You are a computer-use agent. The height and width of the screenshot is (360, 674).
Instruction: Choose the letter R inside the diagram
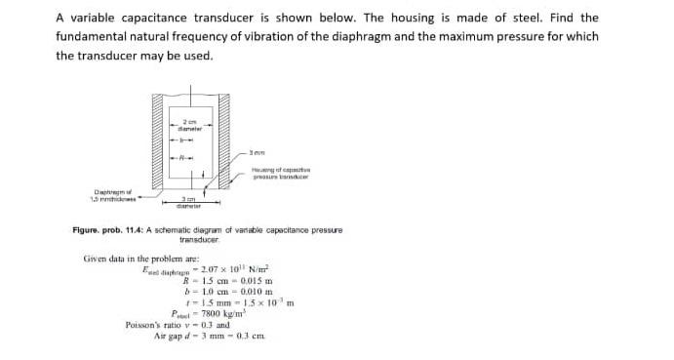coord(181,158)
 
